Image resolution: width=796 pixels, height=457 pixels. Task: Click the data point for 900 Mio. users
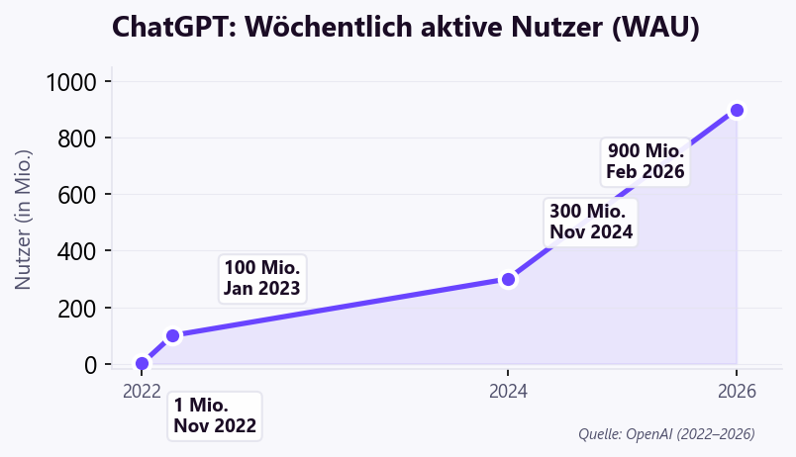click(x=737, y=110)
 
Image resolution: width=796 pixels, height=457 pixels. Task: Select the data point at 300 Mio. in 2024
click(x=508, y=279)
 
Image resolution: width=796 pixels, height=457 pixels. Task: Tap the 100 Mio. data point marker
click(x=172, y=335)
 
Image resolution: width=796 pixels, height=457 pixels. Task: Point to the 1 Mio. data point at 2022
click(x=142, y=364)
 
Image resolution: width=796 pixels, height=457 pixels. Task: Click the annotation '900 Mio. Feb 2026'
click(x=646, y=161)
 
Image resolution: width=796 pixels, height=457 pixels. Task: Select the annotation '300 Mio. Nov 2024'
click(x=590, y=222)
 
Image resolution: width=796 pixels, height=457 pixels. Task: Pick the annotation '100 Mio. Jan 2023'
click(x=261, y=279)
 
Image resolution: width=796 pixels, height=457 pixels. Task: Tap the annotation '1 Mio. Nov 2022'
click(x=215, y=415)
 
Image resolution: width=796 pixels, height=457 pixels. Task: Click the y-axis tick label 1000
click(x=71, y=82)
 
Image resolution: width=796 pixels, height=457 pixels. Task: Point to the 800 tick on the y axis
click(x=77, y=138)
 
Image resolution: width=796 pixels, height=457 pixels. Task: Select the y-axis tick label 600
click(x=77, y=195)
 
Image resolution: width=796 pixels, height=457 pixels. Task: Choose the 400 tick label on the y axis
click(x=77, y=251)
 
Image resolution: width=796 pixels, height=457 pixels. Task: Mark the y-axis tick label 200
click(x=77, y=308)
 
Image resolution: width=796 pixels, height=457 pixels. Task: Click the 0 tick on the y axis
click(x=91, y=365)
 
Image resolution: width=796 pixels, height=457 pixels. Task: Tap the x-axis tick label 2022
click(x=142, y=391)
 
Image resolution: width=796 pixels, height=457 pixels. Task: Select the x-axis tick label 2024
click(x=508, y=391)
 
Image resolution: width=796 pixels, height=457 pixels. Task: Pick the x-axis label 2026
click(x=737, y=391)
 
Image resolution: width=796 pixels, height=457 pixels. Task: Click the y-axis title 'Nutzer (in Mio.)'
click(x=25, y=220)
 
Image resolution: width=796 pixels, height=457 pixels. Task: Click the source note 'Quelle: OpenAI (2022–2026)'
click(x=666, y=433)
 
